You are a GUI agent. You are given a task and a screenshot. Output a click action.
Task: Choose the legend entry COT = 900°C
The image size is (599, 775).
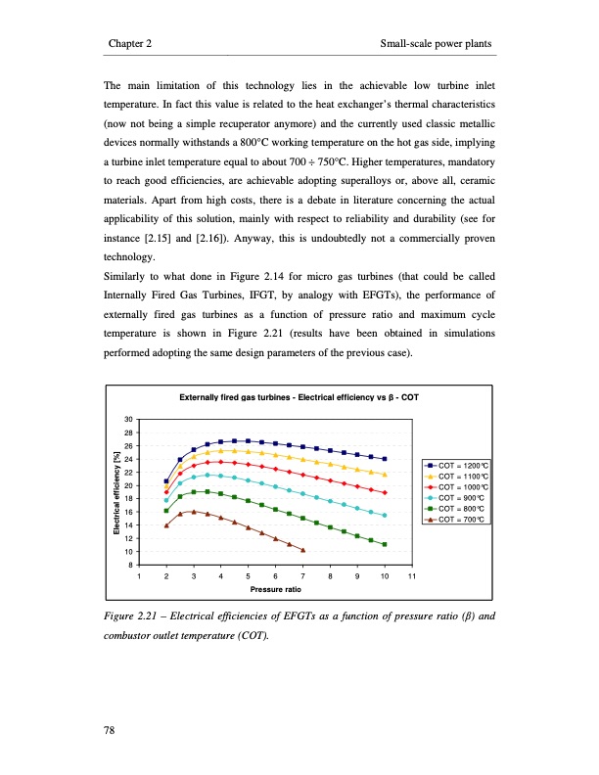[456, 496]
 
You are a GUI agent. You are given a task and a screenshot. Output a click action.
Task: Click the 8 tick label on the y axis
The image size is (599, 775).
[129, 565]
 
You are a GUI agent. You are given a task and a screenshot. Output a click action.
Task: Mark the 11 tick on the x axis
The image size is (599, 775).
[412, 577]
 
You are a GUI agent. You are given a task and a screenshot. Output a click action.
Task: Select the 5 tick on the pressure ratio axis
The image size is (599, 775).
[249, 577]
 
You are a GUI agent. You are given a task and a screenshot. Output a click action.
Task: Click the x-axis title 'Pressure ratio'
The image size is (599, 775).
[275, 591]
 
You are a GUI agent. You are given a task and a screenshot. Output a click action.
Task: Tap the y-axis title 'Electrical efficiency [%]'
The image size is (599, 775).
[115, 492]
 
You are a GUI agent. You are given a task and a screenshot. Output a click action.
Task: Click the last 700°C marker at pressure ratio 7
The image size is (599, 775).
[303, 550]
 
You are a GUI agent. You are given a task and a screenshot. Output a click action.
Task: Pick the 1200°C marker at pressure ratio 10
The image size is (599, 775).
[385, 459]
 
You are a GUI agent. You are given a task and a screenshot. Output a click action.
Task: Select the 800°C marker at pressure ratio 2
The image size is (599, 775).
[166, 511]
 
